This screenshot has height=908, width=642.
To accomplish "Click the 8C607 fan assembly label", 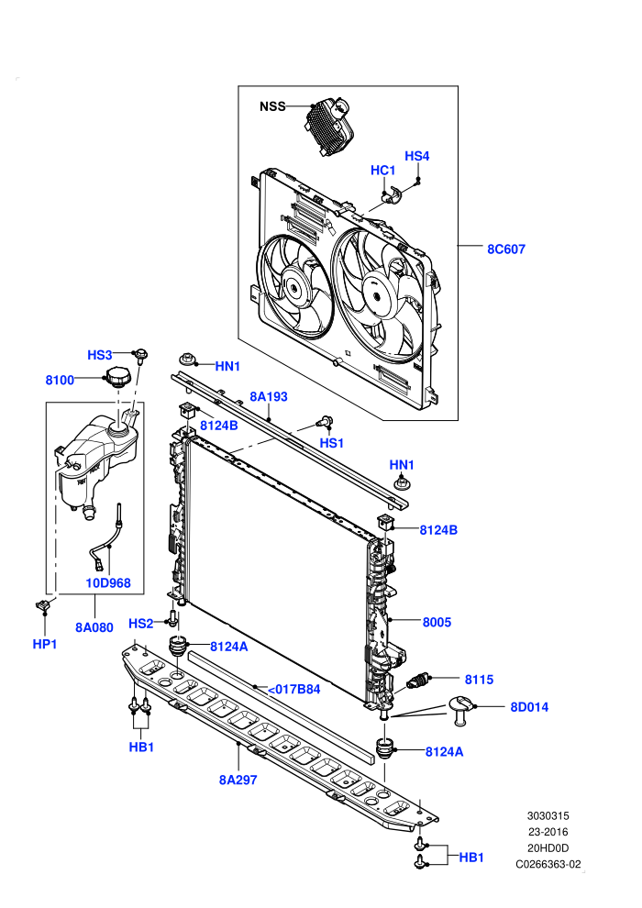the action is point(506,249).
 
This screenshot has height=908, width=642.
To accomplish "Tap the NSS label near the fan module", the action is point(272,106).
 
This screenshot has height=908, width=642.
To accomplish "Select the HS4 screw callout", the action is point(416,156).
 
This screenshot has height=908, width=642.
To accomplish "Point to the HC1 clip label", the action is point(382,171).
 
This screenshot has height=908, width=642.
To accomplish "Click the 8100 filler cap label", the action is point(61,380).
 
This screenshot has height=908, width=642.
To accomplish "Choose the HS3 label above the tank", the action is point(100,355).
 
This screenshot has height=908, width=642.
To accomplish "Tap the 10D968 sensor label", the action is point(108,583).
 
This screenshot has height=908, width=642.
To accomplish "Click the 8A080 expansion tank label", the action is point(94,627).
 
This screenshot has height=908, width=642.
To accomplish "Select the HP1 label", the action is point(45,644).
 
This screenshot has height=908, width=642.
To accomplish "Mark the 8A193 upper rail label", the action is point(269,396).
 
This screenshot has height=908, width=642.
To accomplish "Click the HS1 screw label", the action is point(332,443).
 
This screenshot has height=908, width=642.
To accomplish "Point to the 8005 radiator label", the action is point(437,622).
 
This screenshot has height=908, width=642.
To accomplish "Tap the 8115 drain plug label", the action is point(480,680).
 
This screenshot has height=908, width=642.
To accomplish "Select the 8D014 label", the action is point(529,707).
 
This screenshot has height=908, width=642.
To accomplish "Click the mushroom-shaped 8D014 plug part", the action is point(461,710).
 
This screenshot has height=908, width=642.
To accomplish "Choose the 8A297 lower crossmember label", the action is point(238,780).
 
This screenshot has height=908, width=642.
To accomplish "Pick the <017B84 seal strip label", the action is point(293,689).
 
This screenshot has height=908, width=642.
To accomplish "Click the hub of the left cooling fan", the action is point(295,287).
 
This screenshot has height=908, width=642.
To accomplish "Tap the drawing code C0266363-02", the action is point(548,865).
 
